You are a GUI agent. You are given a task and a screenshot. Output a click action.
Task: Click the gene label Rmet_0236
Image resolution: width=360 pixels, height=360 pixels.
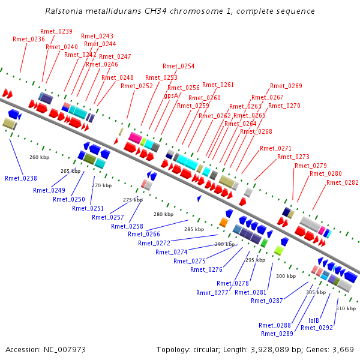click(x=29, y=39)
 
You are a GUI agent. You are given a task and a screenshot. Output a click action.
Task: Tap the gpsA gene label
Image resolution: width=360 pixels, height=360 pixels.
click(x=171, y=95)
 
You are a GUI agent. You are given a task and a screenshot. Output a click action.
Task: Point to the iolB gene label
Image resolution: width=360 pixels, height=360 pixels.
click(x=314, y=320)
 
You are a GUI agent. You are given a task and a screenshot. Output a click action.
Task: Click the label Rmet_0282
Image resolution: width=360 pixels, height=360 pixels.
click(x=343, y=182)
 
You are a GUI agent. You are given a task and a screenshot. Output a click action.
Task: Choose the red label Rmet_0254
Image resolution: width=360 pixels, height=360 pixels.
click(x=178, y=66)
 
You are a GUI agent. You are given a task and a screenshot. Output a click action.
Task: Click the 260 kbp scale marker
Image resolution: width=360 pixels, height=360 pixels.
click(x=39, y=157)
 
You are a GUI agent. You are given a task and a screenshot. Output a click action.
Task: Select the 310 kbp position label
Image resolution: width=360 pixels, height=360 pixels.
click(x=346, y=308)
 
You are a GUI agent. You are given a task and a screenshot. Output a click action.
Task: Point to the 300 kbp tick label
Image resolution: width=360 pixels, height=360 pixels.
click(x=286, y=275)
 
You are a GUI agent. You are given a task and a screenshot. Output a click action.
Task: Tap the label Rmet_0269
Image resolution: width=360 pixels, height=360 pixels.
click(x=286, y=86)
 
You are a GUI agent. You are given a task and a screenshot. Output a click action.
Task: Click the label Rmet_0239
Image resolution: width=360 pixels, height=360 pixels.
click(x=56, y=31)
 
